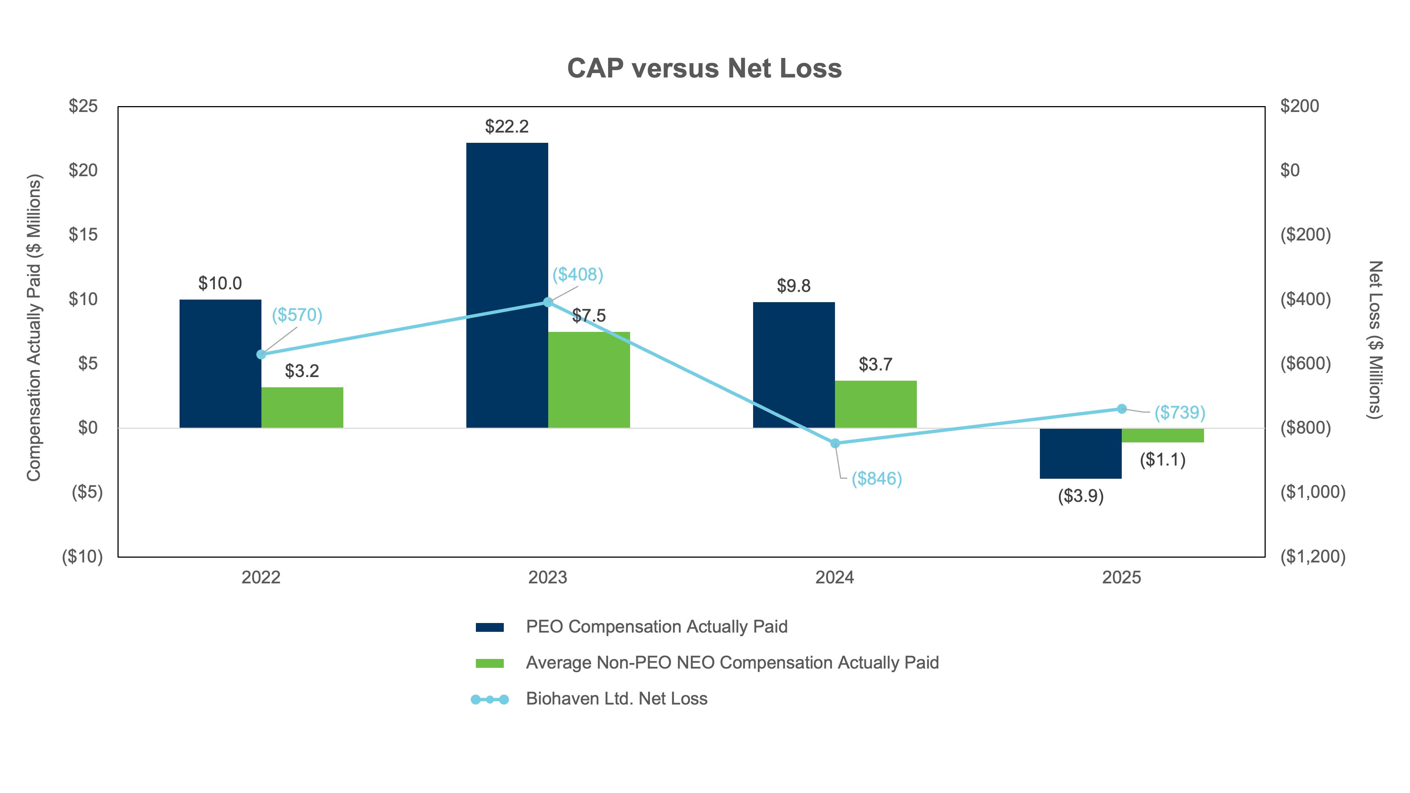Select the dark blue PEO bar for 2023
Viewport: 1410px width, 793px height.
(507, 285)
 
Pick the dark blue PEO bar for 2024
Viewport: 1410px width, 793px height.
(793, 365)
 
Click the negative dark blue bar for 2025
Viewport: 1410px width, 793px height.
(1081, 453)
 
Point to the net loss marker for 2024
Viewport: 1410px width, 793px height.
(835, 443)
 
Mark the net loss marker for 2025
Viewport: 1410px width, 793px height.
(1121, 409)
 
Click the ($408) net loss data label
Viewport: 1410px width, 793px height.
(578, 274)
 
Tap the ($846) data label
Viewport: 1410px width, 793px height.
(876, 479)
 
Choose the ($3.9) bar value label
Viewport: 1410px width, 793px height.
(1081, 496)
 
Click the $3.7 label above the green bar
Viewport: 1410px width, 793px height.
(875, 365)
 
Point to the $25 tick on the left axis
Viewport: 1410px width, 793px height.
(83, 106)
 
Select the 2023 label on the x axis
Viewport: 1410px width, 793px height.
(547, 577)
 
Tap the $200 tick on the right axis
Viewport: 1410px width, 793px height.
(1299, 106)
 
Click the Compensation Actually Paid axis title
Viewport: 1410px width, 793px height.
(34, 327)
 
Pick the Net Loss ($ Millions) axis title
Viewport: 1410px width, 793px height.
(1375, 339)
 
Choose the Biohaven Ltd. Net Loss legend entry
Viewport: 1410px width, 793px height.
(617, 699)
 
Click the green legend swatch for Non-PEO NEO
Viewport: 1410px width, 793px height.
(489, 663)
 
